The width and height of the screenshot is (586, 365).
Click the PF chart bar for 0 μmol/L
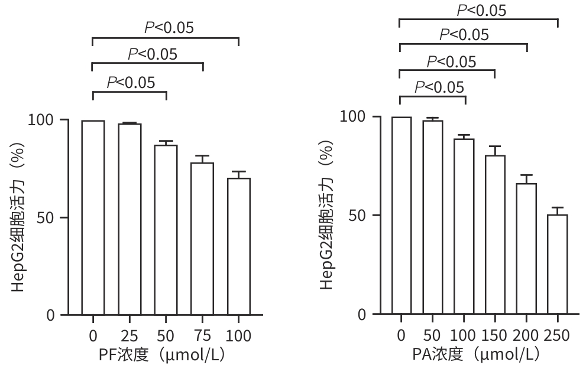pos(93,217)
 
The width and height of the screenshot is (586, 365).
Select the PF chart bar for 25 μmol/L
pos(129,219)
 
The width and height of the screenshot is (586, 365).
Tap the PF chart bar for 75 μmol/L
pos(202,239)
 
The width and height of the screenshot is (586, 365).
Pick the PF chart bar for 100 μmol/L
pos(239,246)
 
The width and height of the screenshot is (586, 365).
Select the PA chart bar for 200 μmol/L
pos(526,249)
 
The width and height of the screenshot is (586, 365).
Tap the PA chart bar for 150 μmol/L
pos(495,234)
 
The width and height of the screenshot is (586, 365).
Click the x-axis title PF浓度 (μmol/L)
pos(161,354)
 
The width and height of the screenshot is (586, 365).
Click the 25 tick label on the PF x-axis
pos(129,336)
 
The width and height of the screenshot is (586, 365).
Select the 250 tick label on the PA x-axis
pos(556,335)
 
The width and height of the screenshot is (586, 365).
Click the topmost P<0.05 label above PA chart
pos(482,9)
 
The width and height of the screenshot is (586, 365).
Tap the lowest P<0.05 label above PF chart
pos(131,82)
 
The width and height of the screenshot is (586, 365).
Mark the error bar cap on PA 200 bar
pos(526,175)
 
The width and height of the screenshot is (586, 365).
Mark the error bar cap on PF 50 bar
pos(166,141)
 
